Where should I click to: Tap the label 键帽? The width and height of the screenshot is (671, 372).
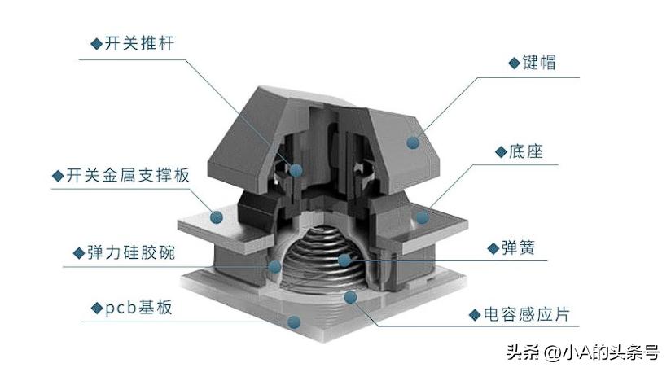[x=539, y=62]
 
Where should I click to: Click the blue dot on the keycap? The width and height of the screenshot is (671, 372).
[x=414, y=143]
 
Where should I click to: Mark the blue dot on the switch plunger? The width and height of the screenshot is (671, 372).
[x=296, y=170]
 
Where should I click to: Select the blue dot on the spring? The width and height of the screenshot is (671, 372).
[x=344, y=260]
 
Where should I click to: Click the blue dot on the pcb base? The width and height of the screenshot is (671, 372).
[x=294, y=322]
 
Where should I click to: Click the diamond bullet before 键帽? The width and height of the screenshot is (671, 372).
[x=512, y=63]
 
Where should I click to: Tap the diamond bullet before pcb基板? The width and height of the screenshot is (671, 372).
[x=95, y=309]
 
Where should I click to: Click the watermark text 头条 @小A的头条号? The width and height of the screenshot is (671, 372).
[x=582, y=352]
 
